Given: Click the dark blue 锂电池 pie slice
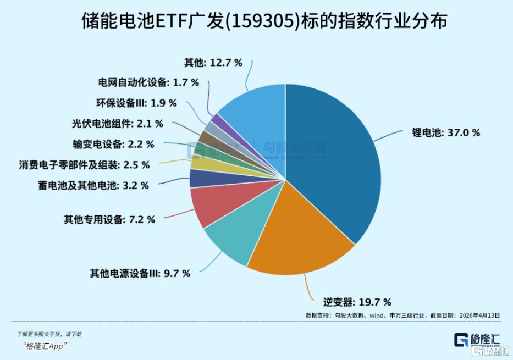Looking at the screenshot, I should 335,159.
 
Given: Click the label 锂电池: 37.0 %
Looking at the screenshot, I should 446,132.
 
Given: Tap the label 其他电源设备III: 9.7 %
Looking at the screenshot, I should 140,273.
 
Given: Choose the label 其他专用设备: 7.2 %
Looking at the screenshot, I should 109,220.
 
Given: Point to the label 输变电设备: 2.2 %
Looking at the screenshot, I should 113,144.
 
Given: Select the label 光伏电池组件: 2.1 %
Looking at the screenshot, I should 117,124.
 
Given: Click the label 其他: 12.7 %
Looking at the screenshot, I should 213,63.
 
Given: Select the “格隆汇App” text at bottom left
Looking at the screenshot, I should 45,345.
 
